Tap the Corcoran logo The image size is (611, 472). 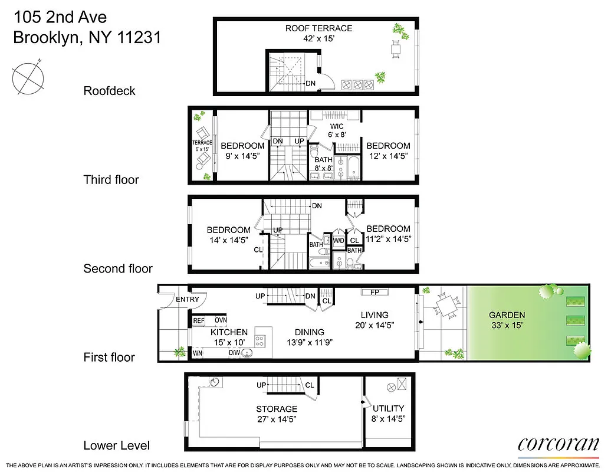click(x=558, y=445)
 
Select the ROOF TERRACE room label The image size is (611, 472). click(x=318, y=28)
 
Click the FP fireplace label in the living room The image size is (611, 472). click(x=374, y=292)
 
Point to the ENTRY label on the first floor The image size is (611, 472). click(x=188, y=300)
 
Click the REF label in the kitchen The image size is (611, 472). click(x=199, y=320)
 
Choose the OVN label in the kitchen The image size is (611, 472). click(x=221, y=320)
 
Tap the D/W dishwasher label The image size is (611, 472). click(x=235, y=353)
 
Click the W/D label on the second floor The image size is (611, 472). click(x=339, y=240)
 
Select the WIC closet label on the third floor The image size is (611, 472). click(x=337, y=126)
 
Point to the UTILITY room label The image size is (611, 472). click(x=388, y=408)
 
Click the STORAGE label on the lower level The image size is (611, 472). click(x=277, y=409)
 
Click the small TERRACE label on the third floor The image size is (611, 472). click(x=202, y=143)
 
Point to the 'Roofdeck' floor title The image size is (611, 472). click(x=109, y=91)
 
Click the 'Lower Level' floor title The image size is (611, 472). click(x=116, y=445)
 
